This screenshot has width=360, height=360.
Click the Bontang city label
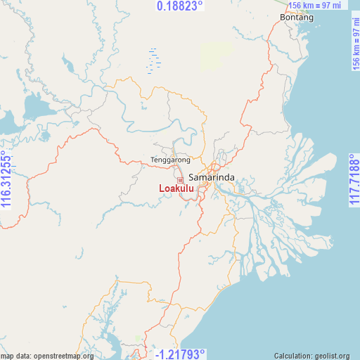click(296, 18)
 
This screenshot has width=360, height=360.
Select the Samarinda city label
click(212, 178)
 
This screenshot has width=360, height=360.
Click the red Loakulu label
click(176, 188)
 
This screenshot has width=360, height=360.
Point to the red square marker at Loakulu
click(180, 180)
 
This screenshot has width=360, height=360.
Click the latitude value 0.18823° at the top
click(179, 6)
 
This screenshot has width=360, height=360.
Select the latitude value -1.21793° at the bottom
click(179, 354)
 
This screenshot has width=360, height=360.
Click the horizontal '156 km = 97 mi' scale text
click(316, 6)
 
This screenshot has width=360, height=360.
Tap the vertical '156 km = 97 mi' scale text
click(355, 44)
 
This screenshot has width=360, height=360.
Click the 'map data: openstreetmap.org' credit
click(47, 356)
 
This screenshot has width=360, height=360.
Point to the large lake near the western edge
click(32, 108)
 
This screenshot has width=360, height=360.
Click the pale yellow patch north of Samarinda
click(216, 53)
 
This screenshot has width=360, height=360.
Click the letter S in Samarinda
click(192, 178)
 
